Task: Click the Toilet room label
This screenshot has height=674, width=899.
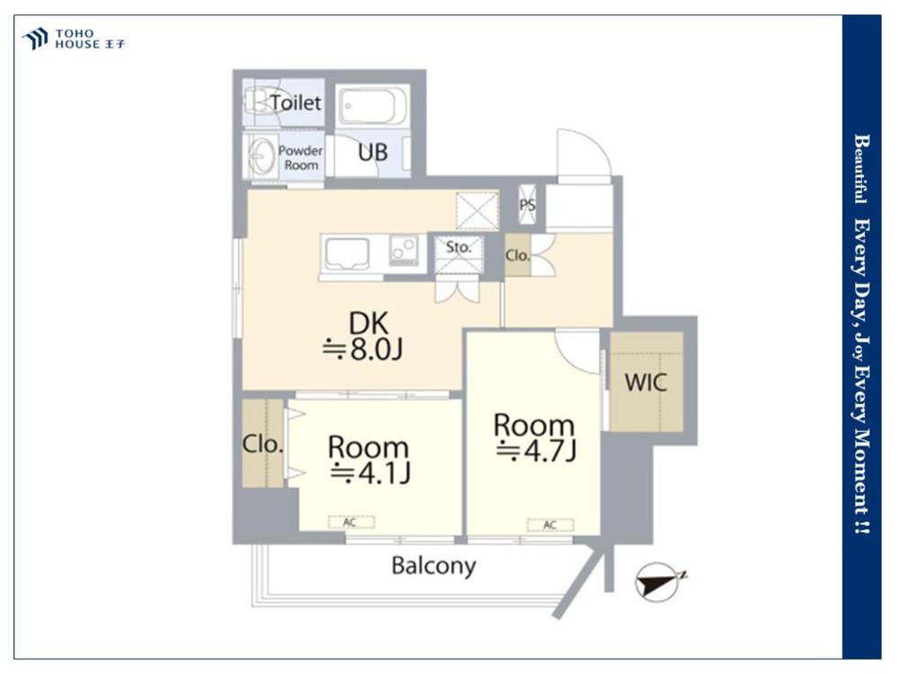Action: point(295,102)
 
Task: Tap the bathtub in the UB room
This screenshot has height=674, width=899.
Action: point(373,106)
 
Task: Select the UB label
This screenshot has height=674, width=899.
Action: point(373,153)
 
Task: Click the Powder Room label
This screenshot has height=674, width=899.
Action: point(300,157)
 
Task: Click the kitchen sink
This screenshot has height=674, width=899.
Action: point(347,253)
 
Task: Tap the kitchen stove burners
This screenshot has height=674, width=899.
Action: point(404,251)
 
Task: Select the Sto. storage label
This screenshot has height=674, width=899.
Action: point(458,247)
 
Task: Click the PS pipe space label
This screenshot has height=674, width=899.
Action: point(528,205)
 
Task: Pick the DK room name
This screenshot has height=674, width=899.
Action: point(369,324)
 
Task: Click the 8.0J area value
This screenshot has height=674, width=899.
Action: point(363,349)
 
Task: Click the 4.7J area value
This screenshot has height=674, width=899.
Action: point(536,450)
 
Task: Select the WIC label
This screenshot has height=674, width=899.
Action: point(646,382)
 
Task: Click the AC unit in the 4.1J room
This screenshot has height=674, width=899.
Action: point(351,522)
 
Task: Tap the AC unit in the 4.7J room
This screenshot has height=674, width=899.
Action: point(550,525)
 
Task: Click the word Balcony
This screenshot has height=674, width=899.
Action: point(434,566)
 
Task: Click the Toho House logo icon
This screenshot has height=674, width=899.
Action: point(35,39)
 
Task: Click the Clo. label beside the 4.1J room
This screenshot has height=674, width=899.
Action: point(263,444)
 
